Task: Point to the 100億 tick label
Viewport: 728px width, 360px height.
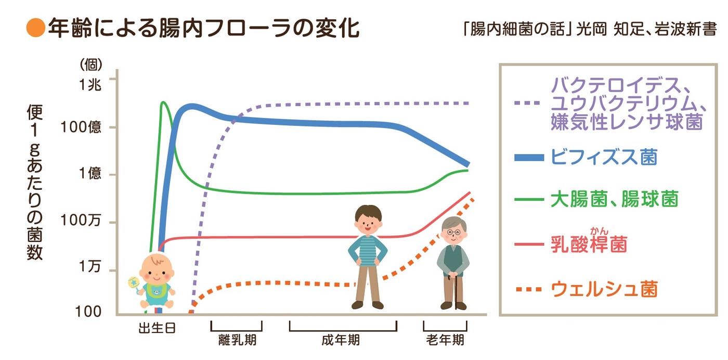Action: click(x=81, y=127)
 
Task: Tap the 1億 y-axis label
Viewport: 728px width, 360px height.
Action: click(x=90, y=174)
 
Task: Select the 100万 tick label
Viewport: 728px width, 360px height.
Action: click(x=82, y=221)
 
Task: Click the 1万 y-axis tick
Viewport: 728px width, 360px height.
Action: click(x=91, y=267)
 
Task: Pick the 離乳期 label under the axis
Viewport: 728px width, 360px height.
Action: click(x=237, y=341)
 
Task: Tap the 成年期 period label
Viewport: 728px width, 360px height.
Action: click(x=341, y=341)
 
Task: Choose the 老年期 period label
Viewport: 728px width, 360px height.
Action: click(x=445, y=341)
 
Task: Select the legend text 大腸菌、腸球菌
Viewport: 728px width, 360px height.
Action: click(x=614, y=199)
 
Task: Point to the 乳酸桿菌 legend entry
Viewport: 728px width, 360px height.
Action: click(x=588, y=244)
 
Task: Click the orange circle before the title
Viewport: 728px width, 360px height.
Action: click(x=36, y=29)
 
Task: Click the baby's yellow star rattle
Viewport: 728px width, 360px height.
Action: click(x=134, y=283)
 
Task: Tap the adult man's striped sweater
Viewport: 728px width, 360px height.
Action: click(x=368, y=251)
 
